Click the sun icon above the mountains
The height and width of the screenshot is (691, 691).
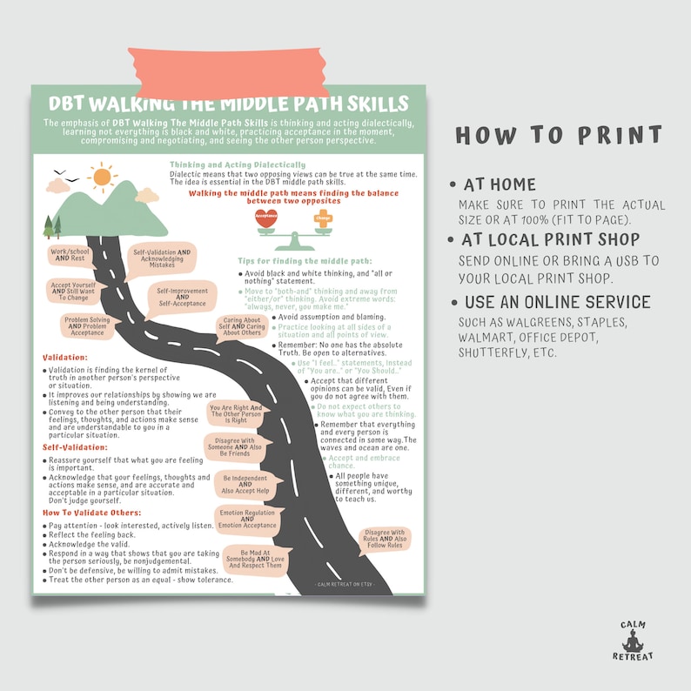click(x=102, y=178)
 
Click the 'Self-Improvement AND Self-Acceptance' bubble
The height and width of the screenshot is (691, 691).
click(x=183, y=296)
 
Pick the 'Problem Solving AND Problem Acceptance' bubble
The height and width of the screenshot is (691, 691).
click(x=87, y=325)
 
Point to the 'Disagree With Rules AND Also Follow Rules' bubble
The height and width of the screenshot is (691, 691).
click(x=384, y=539)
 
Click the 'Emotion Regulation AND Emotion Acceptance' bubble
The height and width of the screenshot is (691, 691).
click(x=248, y=519)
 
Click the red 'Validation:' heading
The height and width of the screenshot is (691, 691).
click(x=65, y=357)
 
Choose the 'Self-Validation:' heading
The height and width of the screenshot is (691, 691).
click(x=75, y=446)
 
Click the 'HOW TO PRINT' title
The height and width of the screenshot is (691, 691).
click(x=558, y=136)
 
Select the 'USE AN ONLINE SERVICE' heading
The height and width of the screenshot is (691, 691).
click(x=557, y=302)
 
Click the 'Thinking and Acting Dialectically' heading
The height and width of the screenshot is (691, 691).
click(x=237, y=164)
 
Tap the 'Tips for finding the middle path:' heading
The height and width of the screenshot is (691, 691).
click(x=305, y=260)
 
